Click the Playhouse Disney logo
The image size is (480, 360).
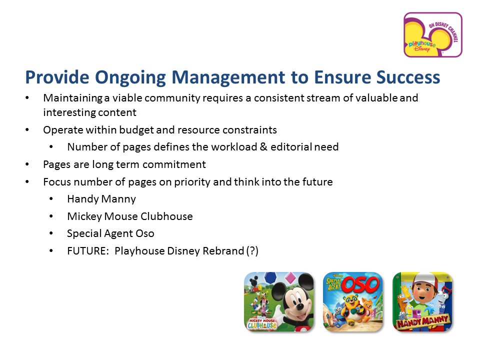point(433,35)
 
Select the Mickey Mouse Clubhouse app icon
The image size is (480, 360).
point(279,302)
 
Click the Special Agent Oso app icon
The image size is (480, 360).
point(352,302)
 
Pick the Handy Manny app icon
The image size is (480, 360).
point(422,302)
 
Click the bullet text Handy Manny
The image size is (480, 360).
point(101,199)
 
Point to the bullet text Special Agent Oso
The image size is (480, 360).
point(110,233)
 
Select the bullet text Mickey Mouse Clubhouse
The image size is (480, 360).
point(130,216)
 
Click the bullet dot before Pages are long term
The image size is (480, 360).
point(27,164)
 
